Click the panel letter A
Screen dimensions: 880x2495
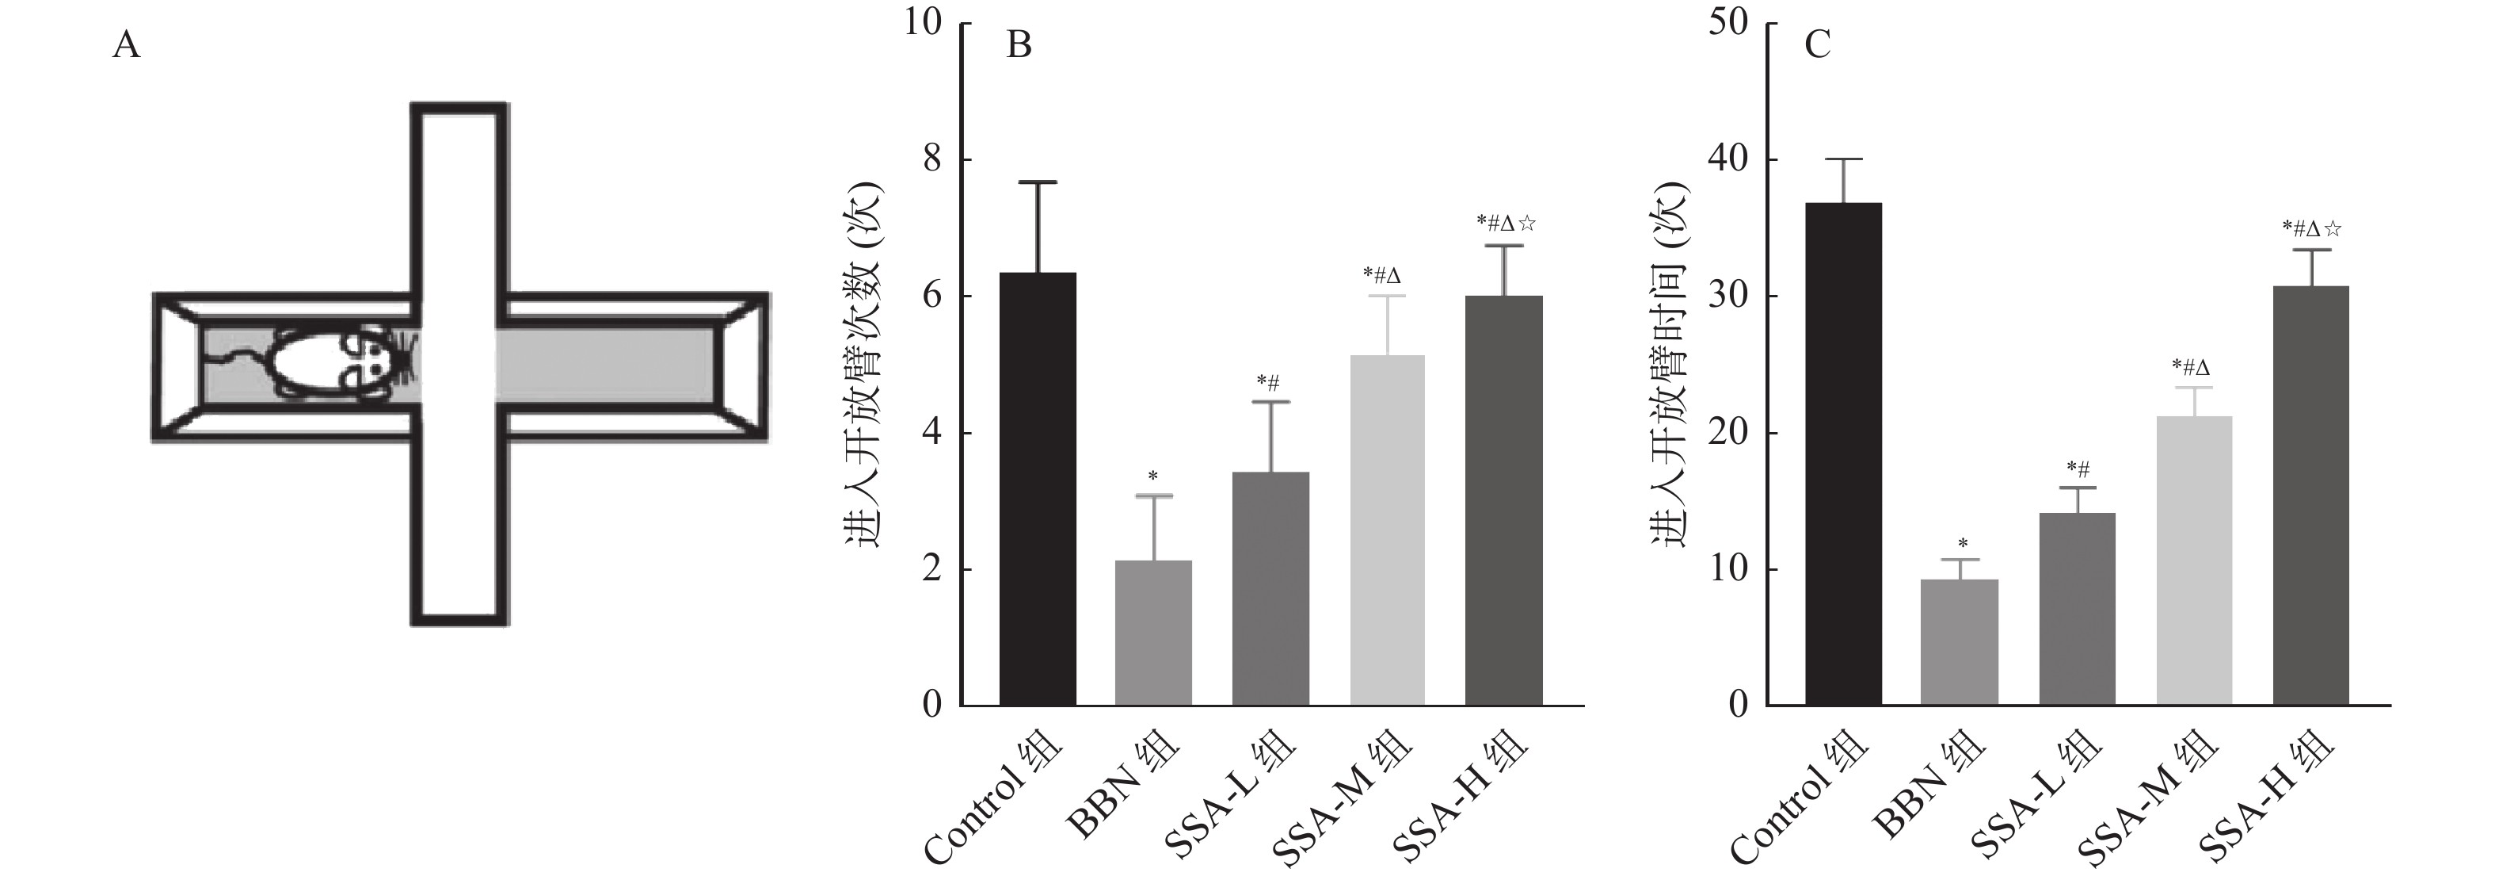[x=127, y=45]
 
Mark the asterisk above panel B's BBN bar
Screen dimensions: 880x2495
[x=1152, y=476]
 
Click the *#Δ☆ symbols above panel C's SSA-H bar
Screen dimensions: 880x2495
[x=2311, y=229]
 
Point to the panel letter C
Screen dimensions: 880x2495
[x=1817, y=45]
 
